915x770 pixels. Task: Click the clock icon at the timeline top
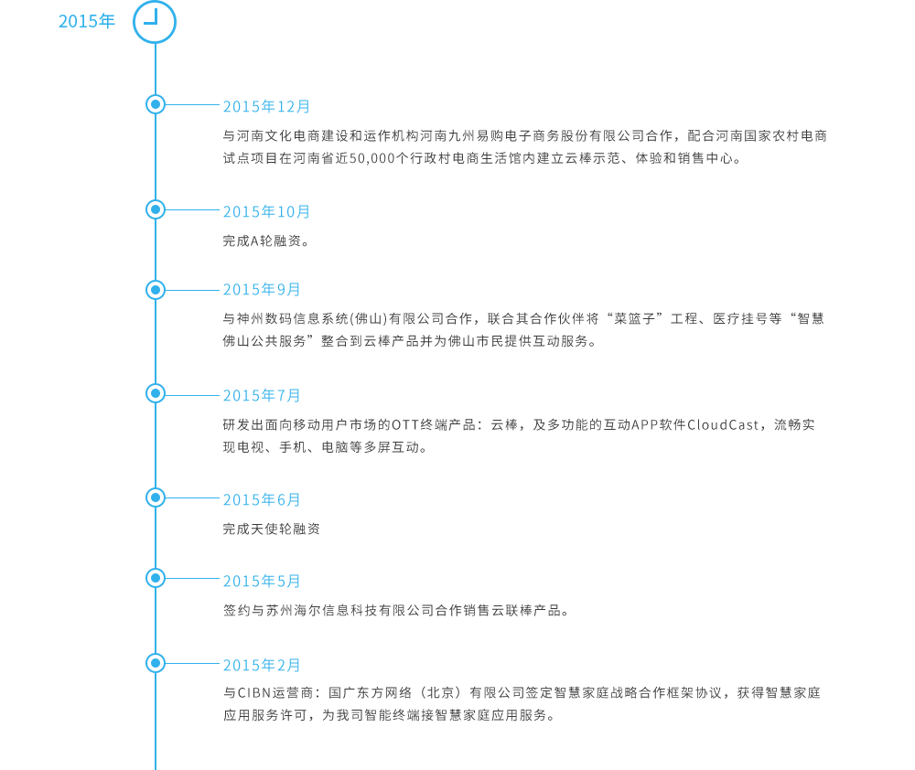coord(155,22)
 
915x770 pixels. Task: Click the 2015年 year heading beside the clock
coord(87,21)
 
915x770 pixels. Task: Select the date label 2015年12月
coord(266,107)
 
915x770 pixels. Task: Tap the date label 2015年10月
coord(266,212)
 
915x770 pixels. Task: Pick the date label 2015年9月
coord(262,289)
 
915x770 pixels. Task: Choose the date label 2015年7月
coord(262,395)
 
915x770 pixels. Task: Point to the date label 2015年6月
coord(262,500)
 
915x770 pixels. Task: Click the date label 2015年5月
coord(262,581)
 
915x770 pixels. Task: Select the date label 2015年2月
coord(262,665)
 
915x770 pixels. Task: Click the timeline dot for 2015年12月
coord(156,104)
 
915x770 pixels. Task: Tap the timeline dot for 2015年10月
coord(156,209)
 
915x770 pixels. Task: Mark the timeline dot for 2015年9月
coord(156,290)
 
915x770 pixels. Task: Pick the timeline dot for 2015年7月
coord(156,394)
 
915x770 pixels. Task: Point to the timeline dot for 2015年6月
coord(156,497)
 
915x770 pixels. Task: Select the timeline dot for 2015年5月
coord(156,578)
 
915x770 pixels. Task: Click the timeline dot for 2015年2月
coord(156,663)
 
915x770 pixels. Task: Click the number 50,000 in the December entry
coord(372,159)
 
